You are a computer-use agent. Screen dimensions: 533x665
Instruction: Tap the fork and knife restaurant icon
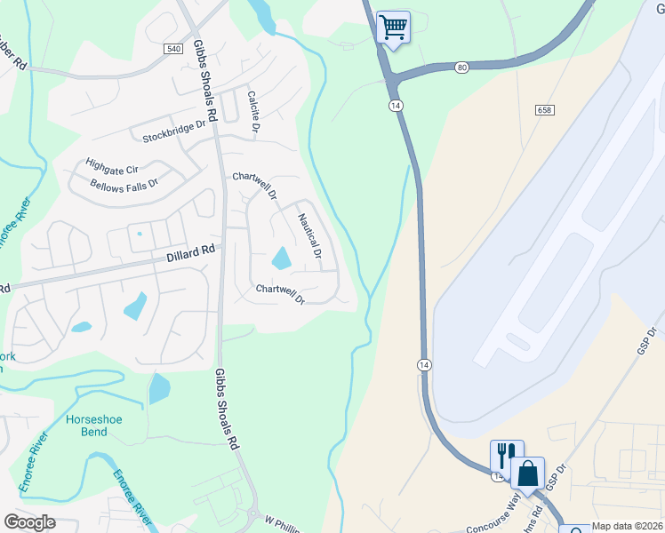[505, 455]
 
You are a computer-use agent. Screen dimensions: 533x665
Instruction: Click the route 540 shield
[173, 50]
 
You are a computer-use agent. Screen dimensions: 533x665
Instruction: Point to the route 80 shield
[461, 67]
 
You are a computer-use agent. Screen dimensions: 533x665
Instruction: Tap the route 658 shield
[545, 110]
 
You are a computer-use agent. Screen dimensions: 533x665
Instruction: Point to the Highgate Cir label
[112, 166]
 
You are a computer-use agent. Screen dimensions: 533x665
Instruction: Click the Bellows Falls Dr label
[124, 185]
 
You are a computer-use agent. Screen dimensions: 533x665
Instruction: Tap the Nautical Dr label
[308, 236]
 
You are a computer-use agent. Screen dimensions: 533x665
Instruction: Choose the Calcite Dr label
[253, 112]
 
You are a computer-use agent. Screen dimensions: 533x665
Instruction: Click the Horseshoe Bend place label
[86, 426]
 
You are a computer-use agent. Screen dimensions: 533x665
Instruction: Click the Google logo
[29, 522]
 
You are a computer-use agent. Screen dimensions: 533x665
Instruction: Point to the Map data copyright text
[627, 526]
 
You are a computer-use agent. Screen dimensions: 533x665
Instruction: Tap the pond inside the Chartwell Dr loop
[281, 259]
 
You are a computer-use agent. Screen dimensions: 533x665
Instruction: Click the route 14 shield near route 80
[393, 105]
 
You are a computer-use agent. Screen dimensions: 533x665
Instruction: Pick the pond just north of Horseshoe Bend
[158, 388]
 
